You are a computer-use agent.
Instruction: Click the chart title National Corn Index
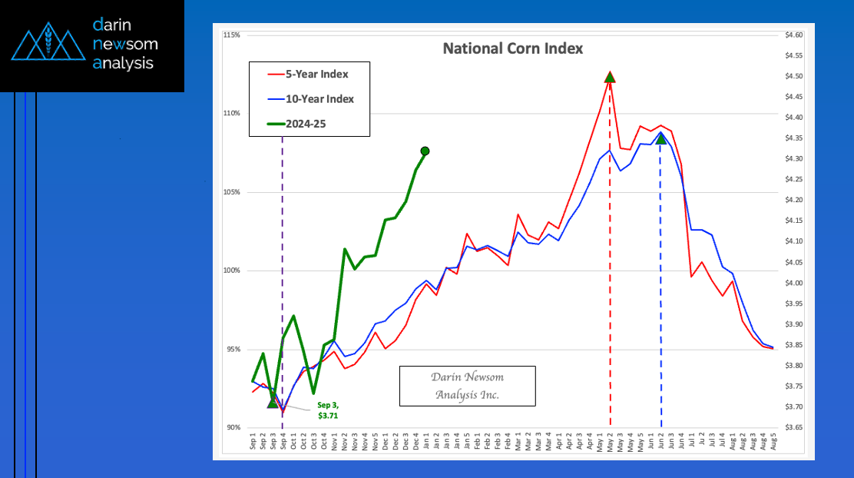pyautogui.click(x=512, y=48)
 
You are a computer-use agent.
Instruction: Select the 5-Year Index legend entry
pyautogui.click(x=316, y=75)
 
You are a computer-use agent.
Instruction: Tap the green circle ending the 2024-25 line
pyautogui.click(x=425, y=151)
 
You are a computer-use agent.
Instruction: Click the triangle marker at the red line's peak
pyautogui.click(x=610, y=77)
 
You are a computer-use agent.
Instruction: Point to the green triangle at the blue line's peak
pyautogui.click(x=661, y=138)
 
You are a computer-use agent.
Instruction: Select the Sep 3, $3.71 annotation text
pyautogui.click(x=328, y=410)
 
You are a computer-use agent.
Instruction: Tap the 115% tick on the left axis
pyautogui.click(x=231, y=35)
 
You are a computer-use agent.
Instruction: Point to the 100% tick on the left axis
pyautogui.click(x=231, y=271)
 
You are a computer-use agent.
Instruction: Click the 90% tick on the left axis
pyautogui.click(x=233, y=427)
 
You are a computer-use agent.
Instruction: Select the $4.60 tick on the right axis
pyautogui.click(x=794, y=35)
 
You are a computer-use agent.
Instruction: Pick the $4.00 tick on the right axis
pyautogui.click(x=794, y=283)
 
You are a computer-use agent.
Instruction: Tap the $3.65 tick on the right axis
pyautogui.click(x=794, y=427)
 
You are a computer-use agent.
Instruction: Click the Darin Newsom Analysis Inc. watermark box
pyautogui.click(x=467, y=386)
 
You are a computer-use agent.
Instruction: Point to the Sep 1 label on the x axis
pyautogui.click(x=253, y=442)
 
